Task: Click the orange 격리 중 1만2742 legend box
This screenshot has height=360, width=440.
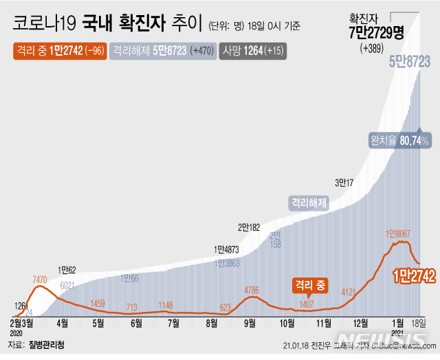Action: click(x=58, y=50)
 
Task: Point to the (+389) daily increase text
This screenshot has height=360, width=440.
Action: click(x=373, y=48)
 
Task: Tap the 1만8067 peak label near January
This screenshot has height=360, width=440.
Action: click(x=398, y=234)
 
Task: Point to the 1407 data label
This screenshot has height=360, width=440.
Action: click(x=307, y=304)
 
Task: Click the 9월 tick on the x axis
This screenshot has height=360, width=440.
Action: click(x=250, y=322)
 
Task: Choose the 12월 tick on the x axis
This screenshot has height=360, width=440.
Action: click(x=359, y=322)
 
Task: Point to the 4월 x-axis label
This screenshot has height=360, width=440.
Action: click(x=62, y=322)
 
